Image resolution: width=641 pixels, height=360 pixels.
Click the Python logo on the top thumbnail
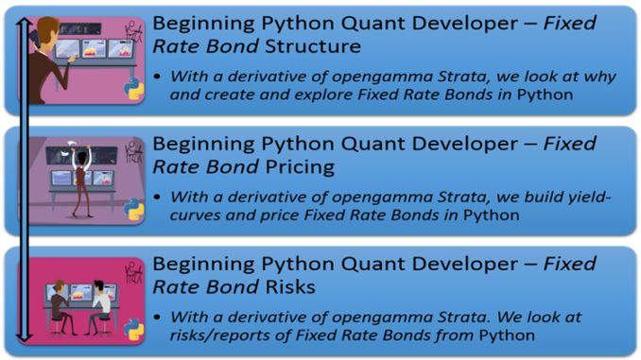click(x=132, y=88)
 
